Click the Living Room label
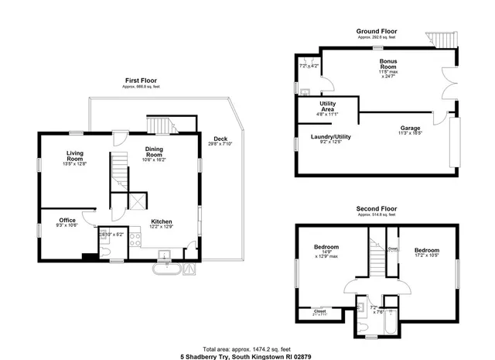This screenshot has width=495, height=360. [74, 153]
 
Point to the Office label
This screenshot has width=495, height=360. [67, 220]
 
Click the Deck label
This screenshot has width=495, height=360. [220, 139]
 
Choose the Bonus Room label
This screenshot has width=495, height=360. [388, 63]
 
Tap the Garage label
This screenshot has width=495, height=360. [410, 127]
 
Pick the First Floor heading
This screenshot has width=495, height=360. [140, 81]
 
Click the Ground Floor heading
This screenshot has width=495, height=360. [376, 32]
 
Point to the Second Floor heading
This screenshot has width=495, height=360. [376, 209]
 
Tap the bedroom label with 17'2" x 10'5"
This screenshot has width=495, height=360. [426, 250]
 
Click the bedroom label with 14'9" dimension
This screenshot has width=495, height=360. [326, 248]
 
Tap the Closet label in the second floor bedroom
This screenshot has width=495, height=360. [319, 311]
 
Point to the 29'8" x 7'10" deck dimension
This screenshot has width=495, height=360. [220, 143]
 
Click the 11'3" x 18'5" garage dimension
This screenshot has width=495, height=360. [410, 132]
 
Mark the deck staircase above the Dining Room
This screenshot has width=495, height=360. [159, 124]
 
